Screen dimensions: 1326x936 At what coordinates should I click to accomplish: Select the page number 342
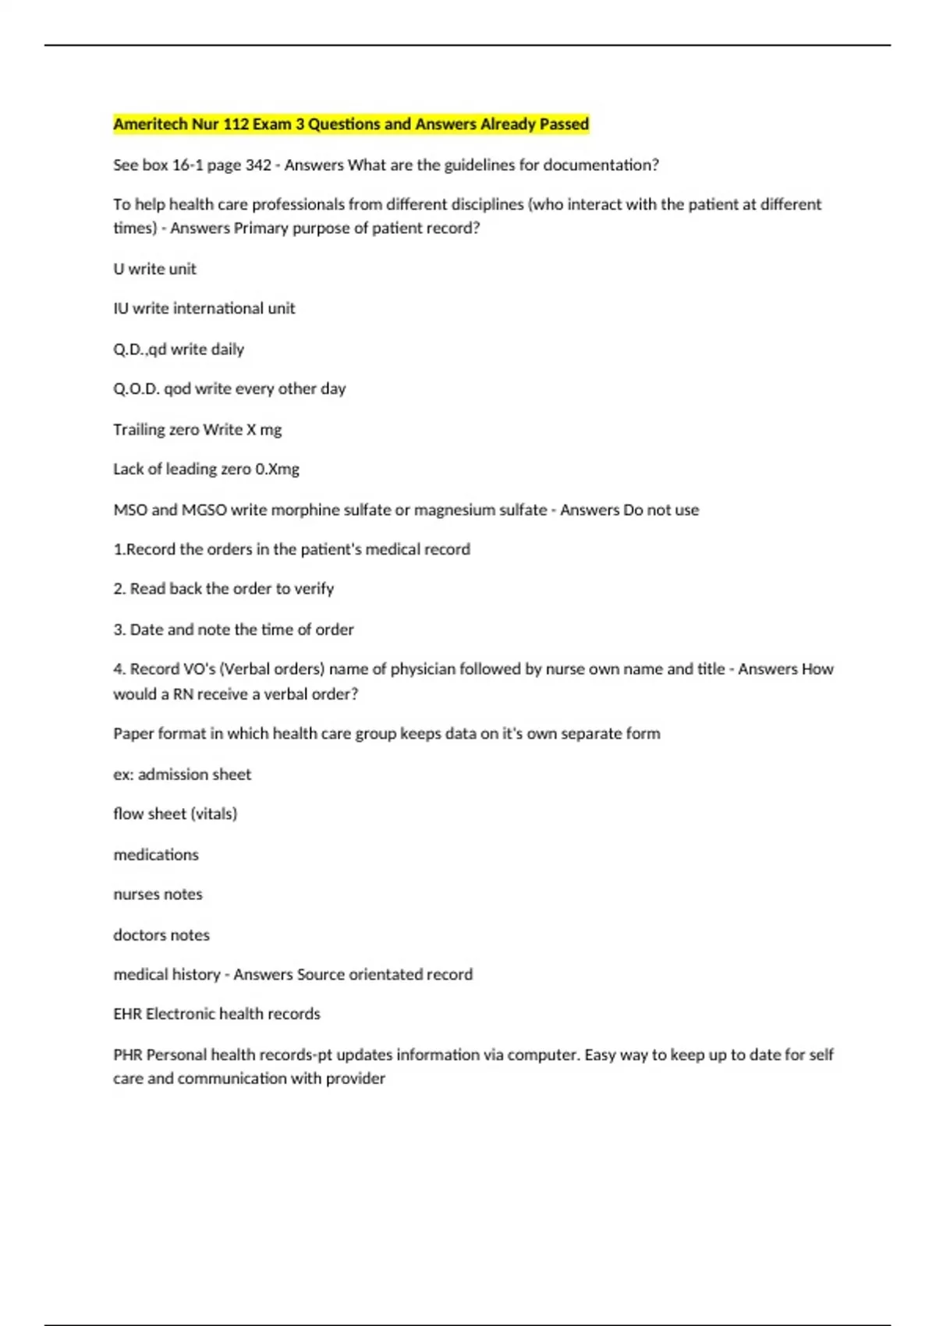[258, 165]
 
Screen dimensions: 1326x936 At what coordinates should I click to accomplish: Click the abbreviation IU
[121, 309]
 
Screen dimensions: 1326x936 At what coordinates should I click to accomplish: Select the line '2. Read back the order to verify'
[224, 589]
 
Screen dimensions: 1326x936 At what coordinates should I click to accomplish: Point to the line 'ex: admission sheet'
[183, 775]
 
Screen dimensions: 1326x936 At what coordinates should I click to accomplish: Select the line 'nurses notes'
[158, 895]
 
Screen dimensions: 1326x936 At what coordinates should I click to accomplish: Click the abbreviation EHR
[127, 1014]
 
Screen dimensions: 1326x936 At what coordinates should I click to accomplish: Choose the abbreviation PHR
[127, 1055]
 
